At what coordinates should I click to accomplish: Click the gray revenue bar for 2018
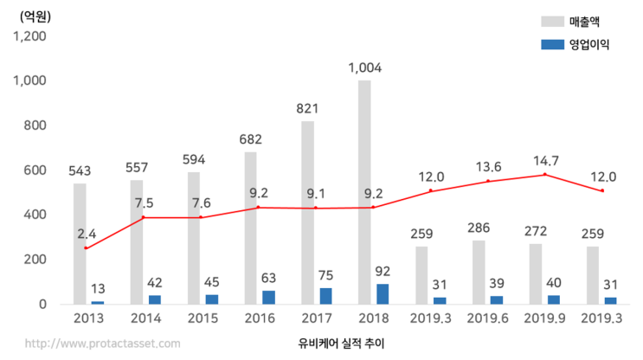point(364,190)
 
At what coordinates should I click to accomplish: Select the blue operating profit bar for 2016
point(269,297)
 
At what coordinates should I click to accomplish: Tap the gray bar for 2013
point(80,243)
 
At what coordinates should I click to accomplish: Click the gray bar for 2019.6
point(479,272)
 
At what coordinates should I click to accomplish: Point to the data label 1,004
point(364,67)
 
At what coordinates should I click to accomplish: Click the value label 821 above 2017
point(307,108)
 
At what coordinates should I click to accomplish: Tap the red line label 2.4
point(87,234)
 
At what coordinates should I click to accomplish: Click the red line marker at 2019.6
point(488,181)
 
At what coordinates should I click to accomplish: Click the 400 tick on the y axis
point(41,215)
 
